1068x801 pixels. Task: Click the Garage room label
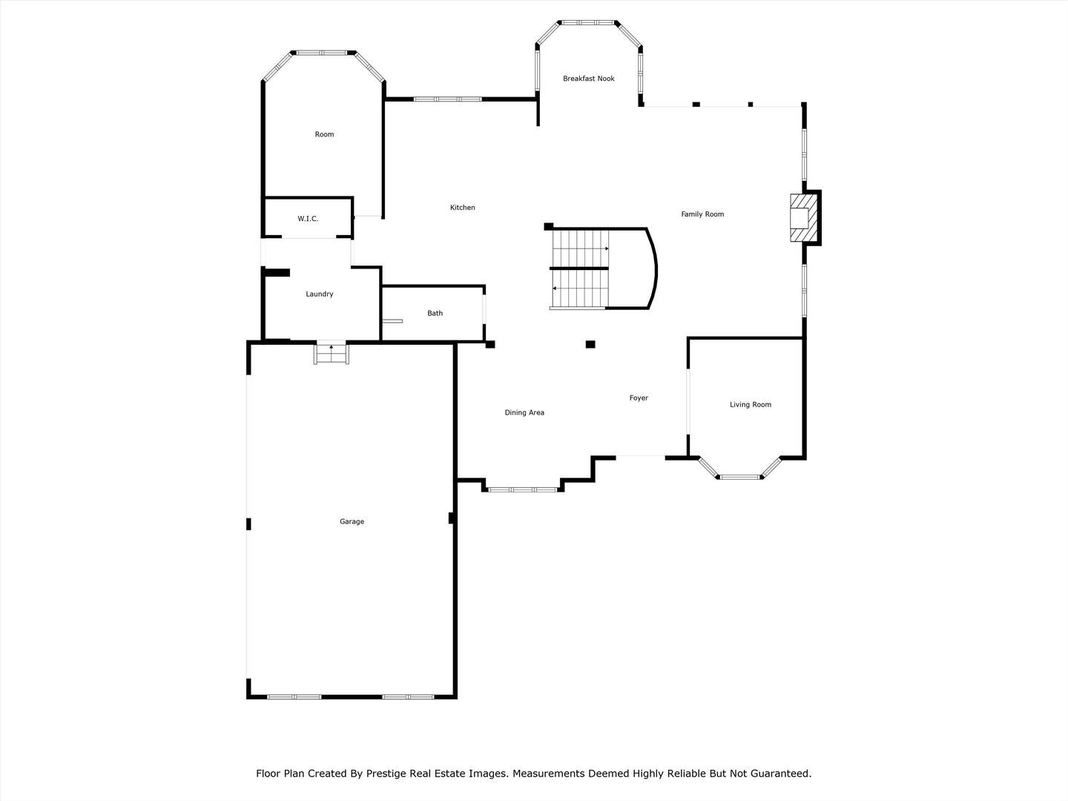pyautogui.click(x=352, y=521)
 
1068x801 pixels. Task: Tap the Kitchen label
pyautogui.click(x=462, y=208)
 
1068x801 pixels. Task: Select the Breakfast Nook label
pyautogui.click(x=588, y=79)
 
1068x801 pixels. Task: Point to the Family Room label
pyautogui.click(x=702, y=214)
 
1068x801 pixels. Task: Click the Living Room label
pyautogui.click(x=750, y=405)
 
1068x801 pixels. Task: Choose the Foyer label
pyautogui.click(x=639, y=398)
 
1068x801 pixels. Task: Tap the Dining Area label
pyautogui.click(x=524, y=413)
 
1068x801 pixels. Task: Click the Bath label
pyautogui.click(x=435, y=314)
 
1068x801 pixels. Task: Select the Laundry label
pyautogui.click(x=319, y=294)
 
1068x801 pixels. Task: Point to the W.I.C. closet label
pyautogui.click(x=308, y=219)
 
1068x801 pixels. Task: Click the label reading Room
pyautogui.click(x=324, y=134)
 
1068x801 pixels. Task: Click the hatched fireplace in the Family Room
pyautogui.click(x=802, y=217)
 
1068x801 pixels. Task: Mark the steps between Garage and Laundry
pyautogui.click(x=332, y=354)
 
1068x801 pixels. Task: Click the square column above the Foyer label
pyautogui.click(x=590, y=344)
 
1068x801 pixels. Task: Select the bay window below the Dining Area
pyautogui.click(x=522, y=489)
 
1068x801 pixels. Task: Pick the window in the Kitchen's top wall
pyautogui.click(x=447, y=99)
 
